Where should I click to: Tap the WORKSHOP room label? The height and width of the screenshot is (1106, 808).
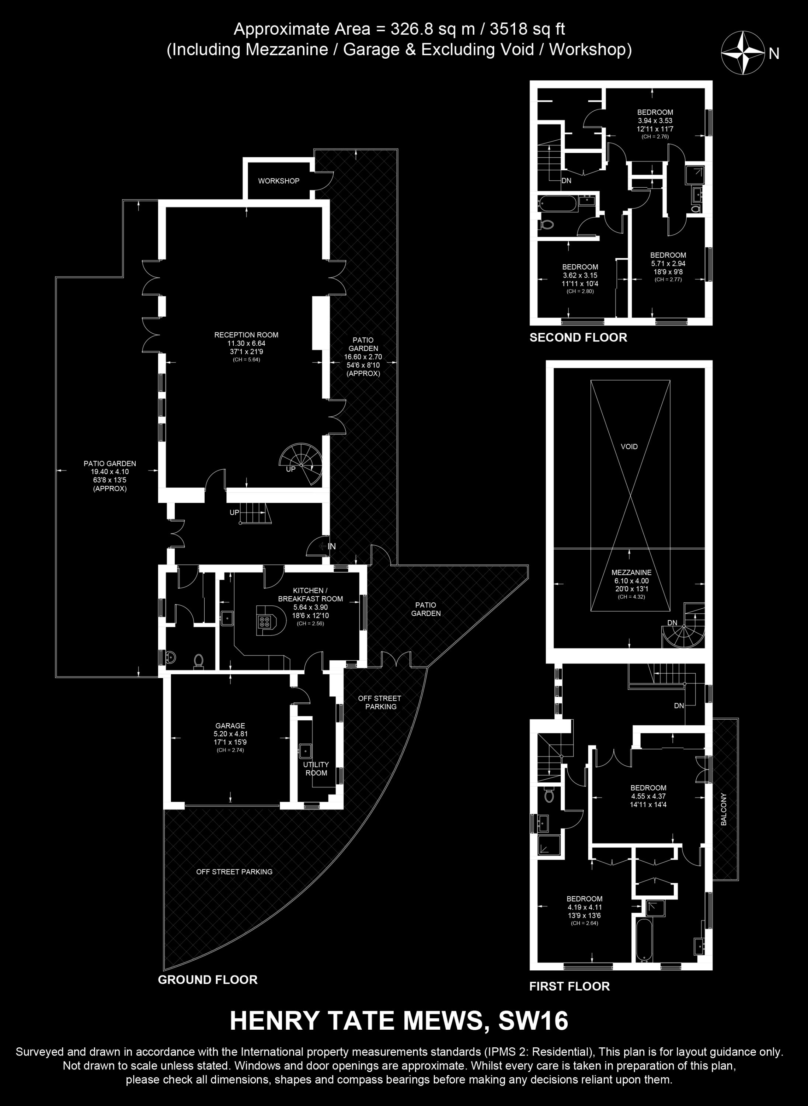pyautogui.click(x=279, y=181)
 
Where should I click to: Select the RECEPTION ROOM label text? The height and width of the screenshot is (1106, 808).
pyautogui.click(x=246, y=335)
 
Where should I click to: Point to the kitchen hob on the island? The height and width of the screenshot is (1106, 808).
pyautogui.click(x=265, y=622)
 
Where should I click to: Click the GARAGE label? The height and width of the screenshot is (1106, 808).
pyautogui.click(x=230, y=726)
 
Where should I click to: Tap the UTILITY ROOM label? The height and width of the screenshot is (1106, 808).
pyautogui.click(x=316, y=768)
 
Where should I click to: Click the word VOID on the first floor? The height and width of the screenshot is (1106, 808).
pyautogui.click(x=629, y=446)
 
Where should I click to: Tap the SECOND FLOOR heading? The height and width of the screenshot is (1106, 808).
pyautogui.click(x=578, y=338)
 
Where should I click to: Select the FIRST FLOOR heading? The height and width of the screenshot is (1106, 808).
pyautogui.click(x=569, y=986)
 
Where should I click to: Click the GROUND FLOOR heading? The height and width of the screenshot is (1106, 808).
pyautogui.click(x=208, y=980)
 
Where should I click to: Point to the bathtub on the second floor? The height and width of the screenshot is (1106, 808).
pyautogui.click(x=558, y=203)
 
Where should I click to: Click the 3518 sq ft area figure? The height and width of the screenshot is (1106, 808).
pyautogui.click(x=527, y=29)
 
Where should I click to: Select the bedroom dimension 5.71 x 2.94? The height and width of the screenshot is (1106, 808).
pyautogui.click(x=668, y=264)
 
